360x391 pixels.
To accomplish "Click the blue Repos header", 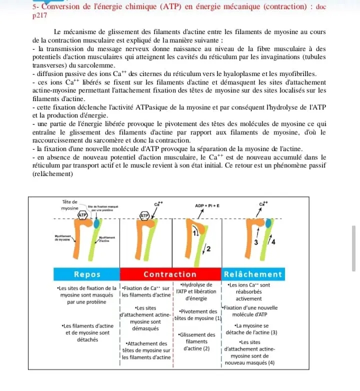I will pyautogui.click(x=87, y=274).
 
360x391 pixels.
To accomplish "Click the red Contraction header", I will pyautogui.click(x=170, y=274).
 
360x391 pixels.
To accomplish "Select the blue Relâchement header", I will pyautogui.click(x=253, y=274).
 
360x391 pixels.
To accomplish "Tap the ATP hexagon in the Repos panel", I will pyautogui.click(x=82, y=214).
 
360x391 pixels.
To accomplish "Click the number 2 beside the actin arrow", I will pyautogui.click(x=208, y=248).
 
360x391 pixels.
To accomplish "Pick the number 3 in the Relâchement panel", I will pyautogui.click(x=255, y=243).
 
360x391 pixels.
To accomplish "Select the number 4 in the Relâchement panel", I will pyautogui.click(x=272, y=243).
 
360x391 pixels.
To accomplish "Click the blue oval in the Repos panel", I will pyautogui.click(x=96, y=223).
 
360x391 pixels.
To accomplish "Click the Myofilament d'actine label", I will pyautogui.click(x=107, y=239).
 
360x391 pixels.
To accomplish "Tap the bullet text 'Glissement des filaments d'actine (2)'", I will pyautogui.click(x=196, y=341).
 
